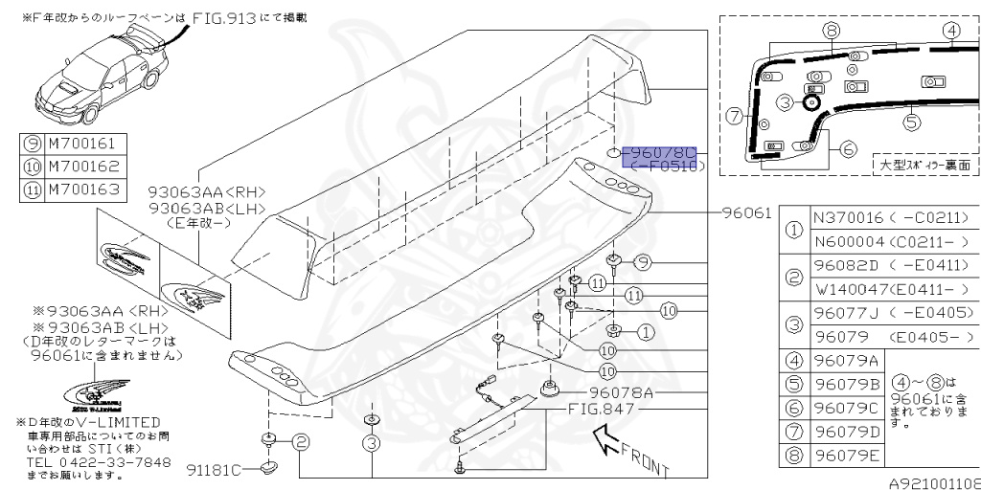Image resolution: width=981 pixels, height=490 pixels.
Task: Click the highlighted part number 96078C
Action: coord(660,153)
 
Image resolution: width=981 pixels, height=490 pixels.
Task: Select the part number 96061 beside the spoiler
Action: coord(747,213)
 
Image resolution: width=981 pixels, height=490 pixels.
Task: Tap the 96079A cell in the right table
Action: coord(846,360)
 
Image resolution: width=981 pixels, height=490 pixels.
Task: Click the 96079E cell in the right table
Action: coord(846,454)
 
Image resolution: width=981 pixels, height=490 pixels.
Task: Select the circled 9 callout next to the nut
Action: coord(643,261)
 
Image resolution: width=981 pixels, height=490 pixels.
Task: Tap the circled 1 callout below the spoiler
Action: coord(645,332)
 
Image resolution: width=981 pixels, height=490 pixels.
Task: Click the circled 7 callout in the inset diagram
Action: coord(735,117)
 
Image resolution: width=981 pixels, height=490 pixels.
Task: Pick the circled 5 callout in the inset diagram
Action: coord(911,122)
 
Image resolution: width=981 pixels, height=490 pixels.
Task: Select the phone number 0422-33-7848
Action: coord(120,462)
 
